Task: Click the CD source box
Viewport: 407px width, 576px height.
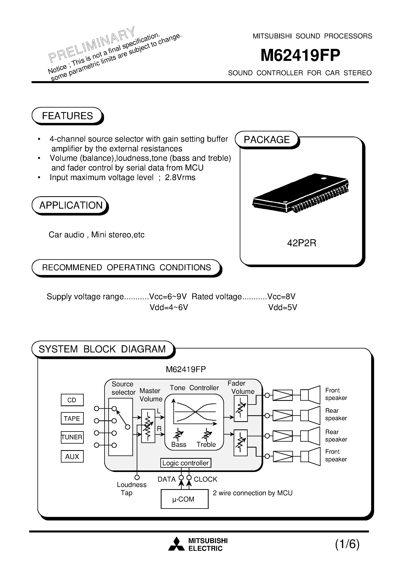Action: pyautogui.click(x=72, y=400)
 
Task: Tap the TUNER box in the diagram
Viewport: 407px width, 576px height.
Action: pyautogui.click(x=72, y=437)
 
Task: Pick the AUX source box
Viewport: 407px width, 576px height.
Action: pyautogui.click(x=72, y=456)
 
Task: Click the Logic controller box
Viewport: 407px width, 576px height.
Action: pyautogui.click(x=186, y=463)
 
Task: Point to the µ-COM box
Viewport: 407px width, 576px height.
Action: pyautogui.click(x=184, y=499)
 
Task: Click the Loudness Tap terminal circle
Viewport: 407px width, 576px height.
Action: pyautogui.click(x=137, y=478)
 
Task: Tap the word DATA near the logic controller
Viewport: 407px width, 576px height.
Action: pyautogui.click(x=166, y=479)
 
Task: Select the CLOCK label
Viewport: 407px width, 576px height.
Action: pyautogui.click(x=205, y=479)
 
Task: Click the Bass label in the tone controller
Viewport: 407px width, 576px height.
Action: pyautogui.click(x=179, y=445)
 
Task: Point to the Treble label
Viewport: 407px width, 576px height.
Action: pyautogui.click(x=206, y=445)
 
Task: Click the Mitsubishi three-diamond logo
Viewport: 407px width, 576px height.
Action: pyautogui.click(x=176, y=544)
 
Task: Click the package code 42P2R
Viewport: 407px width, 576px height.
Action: pyautogui.click(x=301, y=243)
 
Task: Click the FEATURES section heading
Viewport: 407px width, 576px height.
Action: pyautogui.click(x=67, y=116)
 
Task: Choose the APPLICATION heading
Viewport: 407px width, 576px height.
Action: pyautogui.click(x=71, y=205)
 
